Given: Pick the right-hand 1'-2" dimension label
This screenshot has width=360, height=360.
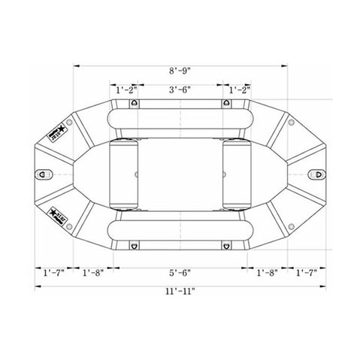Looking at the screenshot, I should (x=237, y=89).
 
